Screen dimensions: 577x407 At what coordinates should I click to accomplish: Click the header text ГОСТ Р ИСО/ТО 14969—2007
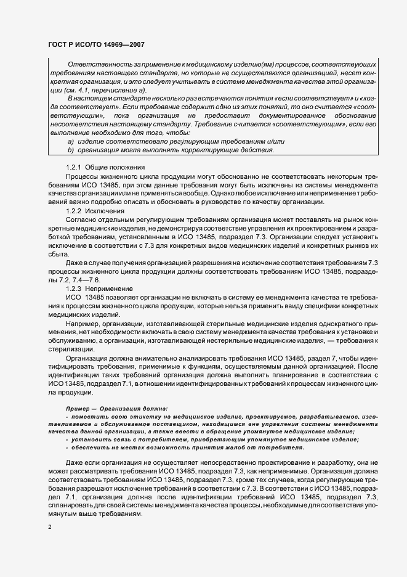(x=96, y=46)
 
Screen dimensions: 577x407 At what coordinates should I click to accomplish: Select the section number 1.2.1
(x=73, y=167)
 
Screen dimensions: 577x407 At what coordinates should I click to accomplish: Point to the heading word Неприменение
(x=108, y=288)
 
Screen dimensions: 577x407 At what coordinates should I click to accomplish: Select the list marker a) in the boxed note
(x=71, y=142)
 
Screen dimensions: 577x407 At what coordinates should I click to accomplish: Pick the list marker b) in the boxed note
(x=71, y=150)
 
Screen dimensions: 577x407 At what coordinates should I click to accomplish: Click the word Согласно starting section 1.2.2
(x=80, y=219)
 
